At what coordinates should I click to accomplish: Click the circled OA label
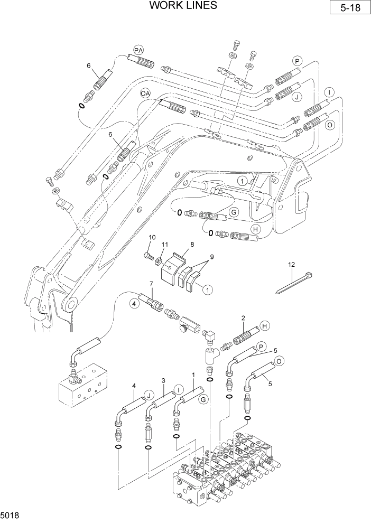tap(146, 93)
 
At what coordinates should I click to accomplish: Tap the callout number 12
tap(291, 264)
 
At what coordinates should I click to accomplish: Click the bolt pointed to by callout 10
tap(149, 256)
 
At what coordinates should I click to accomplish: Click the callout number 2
tap(243, 318)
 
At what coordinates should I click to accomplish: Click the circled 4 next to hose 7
tap(135, 303)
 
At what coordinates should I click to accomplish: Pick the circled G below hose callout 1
tap(202, 400)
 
